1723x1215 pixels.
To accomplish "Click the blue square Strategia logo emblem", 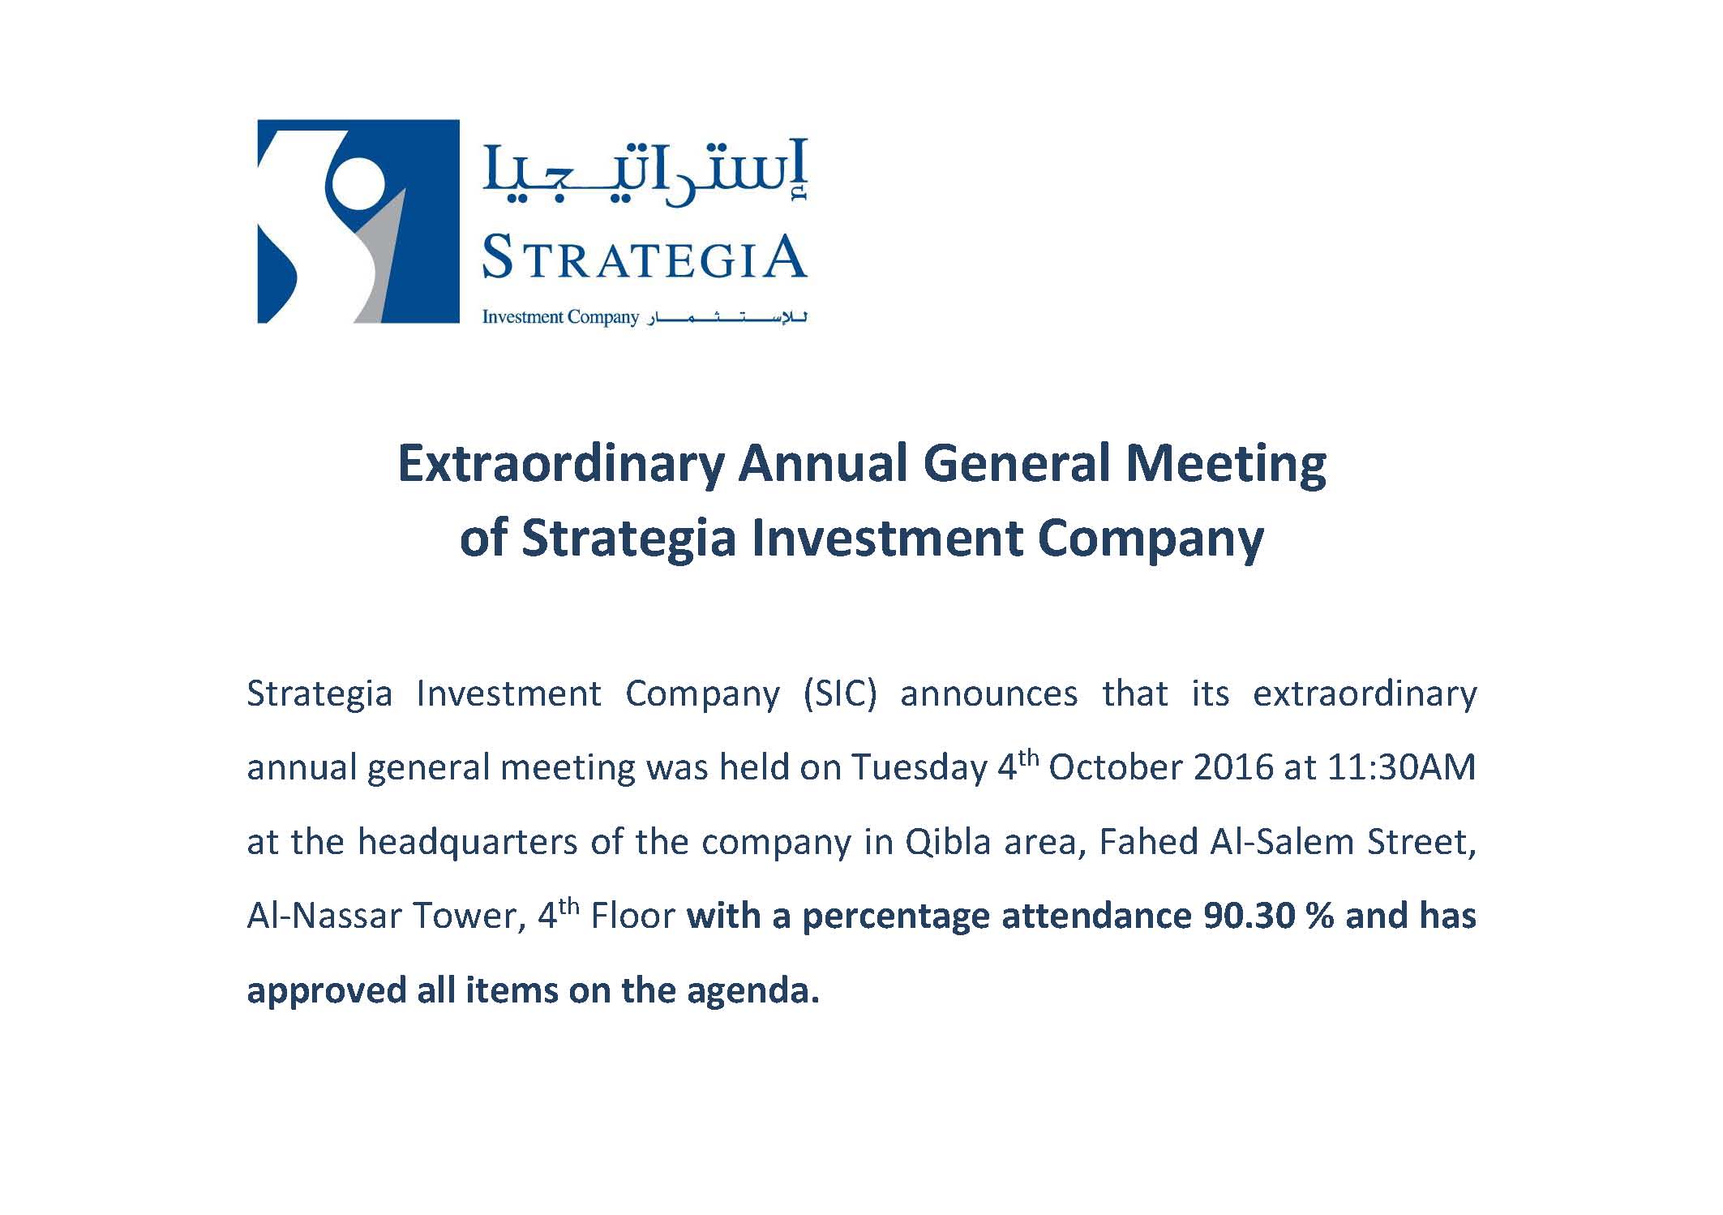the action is pos(358,221).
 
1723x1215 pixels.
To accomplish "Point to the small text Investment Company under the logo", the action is pos(560,317).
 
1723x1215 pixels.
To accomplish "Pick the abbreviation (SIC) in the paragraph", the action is pos(840,694).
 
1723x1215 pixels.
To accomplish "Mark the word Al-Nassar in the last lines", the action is pos(324,917).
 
